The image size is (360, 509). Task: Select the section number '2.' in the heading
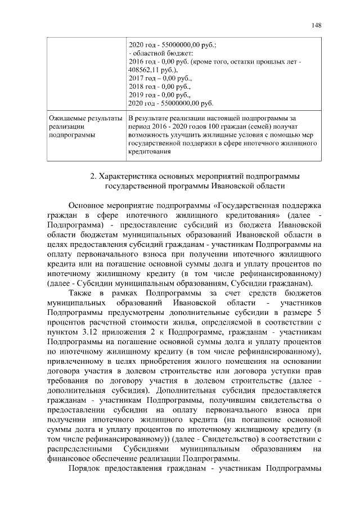[94, 177]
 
